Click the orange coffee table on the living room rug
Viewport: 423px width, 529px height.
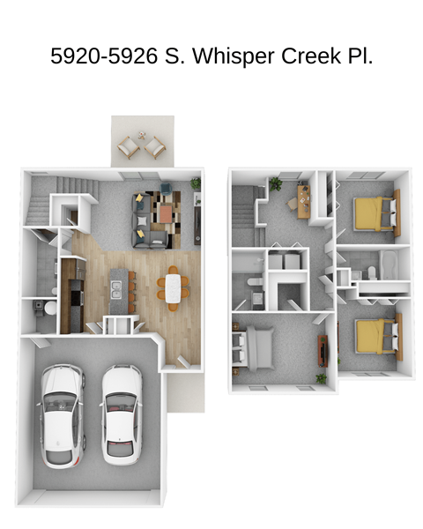pos(164,213)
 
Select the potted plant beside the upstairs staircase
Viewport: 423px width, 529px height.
pos(276,183)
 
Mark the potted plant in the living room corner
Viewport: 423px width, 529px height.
pos(196,183)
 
